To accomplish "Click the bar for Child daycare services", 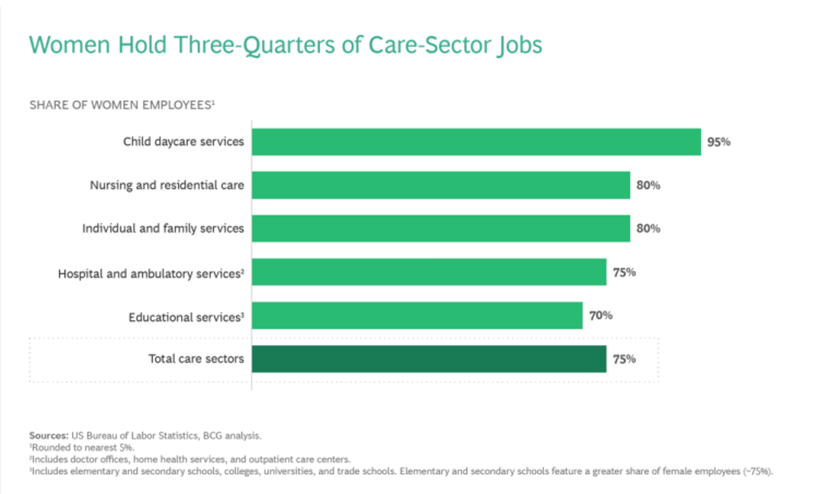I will (476, 142).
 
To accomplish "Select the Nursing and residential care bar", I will (441, 185).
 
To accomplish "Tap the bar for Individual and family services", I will (441, 228).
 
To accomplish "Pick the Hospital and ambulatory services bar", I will (429, 272).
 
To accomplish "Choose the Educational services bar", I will (417, 316).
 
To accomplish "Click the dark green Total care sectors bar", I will (429, 359).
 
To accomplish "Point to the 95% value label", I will (718, 142).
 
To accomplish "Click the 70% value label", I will (600, 316).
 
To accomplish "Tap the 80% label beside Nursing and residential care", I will (648, 185).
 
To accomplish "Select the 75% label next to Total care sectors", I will (624, 359).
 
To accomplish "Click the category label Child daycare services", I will (183, 142).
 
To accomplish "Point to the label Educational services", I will (186, 317).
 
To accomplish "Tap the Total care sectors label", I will (196, 359).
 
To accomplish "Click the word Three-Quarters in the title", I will (254, 45).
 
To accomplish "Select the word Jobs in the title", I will (519, 45).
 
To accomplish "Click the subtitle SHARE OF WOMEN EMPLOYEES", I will (121, 105).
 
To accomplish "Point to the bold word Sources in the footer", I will (49, 436).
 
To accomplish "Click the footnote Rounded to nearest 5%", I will (82, 447).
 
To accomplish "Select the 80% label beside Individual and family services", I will (648, 228).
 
